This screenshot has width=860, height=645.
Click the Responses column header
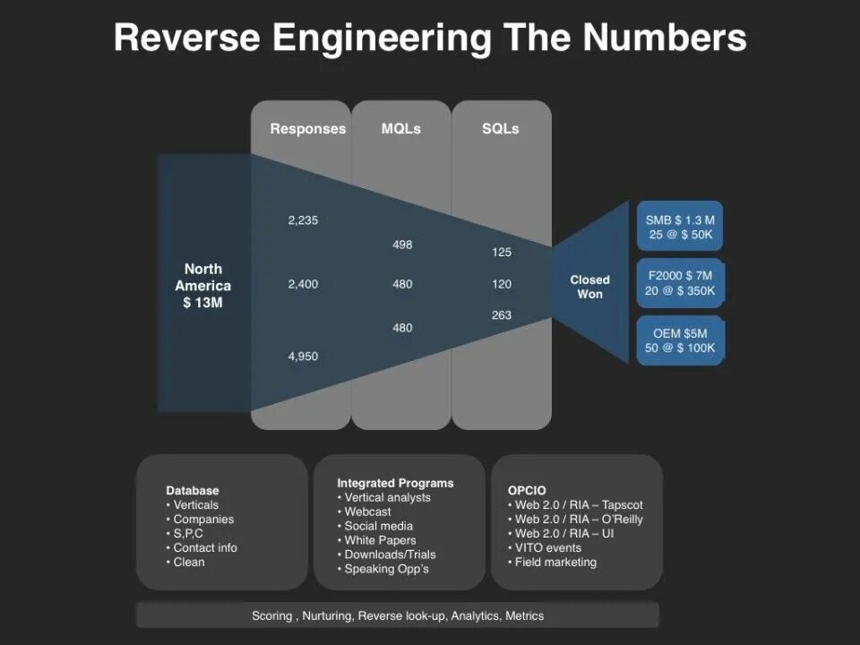coord(307,129)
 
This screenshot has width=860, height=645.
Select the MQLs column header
coord(400,129)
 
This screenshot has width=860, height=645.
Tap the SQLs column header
coord(500,129)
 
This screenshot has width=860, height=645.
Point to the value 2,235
coord(303,220)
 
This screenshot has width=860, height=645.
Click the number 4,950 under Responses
coord(303,357)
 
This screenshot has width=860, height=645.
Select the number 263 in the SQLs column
coord(502,315)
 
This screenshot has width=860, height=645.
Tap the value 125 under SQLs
coord(502,253)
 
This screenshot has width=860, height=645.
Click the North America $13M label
coord(202,286)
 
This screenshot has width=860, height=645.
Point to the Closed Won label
coord(589,287)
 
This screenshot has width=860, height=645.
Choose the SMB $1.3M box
coord(680,226)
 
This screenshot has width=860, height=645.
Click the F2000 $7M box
coord(680,283)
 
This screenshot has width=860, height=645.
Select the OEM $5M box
coord(680,340)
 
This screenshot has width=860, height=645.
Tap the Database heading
coord(193,491)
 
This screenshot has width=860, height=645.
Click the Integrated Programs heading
coord(395,483)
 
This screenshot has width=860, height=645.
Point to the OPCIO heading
coord(527,491)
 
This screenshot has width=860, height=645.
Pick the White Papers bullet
coord(380,540)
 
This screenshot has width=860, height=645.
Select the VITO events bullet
coord(547,547)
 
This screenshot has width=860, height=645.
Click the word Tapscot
coord(623,505)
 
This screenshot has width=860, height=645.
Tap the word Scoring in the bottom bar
coord(271,616)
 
